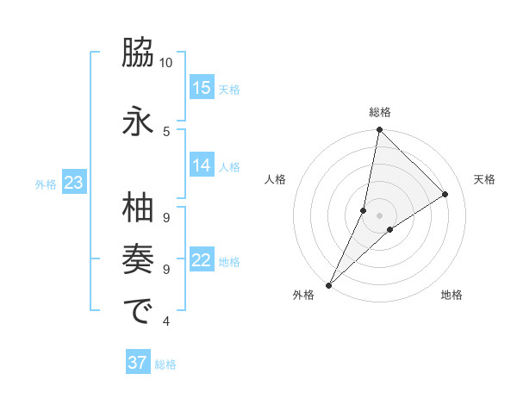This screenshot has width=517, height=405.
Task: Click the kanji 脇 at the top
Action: coord(138,56)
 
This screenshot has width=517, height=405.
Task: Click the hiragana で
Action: coord(138,311)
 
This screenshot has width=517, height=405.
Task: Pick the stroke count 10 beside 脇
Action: coord(166,63)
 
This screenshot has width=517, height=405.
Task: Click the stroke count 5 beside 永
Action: coord(166,131)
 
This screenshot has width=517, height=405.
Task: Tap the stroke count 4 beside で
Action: coord(166,321)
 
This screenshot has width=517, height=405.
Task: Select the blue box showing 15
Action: coord(202,88)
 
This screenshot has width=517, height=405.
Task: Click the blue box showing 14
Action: coord(202,165)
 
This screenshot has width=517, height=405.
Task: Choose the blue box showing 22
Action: coord(202,260)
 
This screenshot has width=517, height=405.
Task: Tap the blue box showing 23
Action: coord(73,183)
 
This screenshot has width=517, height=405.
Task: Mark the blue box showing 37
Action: coord(138,363)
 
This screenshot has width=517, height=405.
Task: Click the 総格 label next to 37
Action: coord(165,364)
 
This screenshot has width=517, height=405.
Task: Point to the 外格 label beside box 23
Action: coord(46,184)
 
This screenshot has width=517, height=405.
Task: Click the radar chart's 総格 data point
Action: coord(379,129)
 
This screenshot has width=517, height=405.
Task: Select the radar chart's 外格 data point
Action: coord(328,285)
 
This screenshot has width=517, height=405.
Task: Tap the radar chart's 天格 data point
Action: coord(445,195)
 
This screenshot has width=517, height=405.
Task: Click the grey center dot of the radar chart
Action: coord(379,215)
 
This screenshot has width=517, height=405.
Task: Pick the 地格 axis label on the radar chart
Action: coord(452,296)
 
